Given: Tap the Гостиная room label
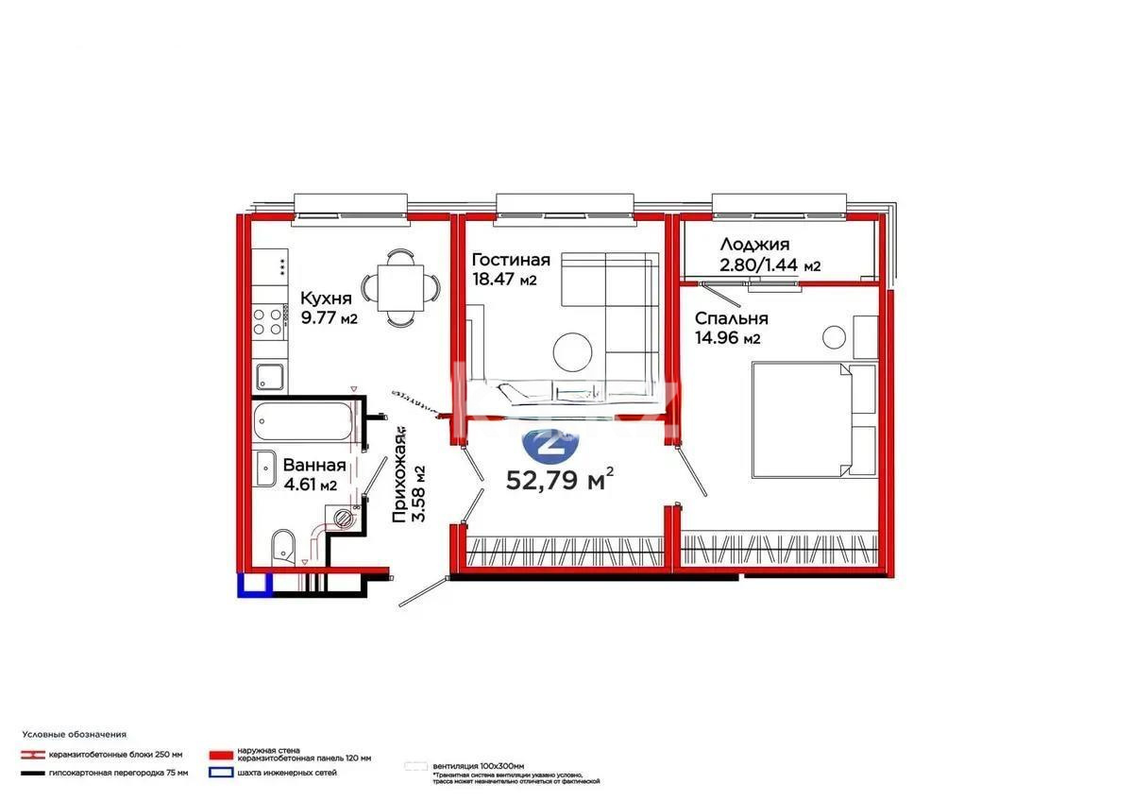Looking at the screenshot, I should [511, 260].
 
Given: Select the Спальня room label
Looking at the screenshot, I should [732, 318].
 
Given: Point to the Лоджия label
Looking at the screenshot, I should [753, 244].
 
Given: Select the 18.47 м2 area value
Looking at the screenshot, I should [504, 280].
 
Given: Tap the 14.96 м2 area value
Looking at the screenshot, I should [728, 338].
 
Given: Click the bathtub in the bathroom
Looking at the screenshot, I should [304, 421].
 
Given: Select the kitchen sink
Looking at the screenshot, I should [270, 377].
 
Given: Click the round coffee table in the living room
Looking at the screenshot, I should [573, 352].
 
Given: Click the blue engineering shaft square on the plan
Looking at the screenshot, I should [253, 585].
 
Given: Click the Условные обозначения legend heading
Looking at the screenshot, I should [74, 734].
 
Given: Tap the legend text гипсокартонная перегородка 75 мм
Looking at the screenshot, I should [128, 773].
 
